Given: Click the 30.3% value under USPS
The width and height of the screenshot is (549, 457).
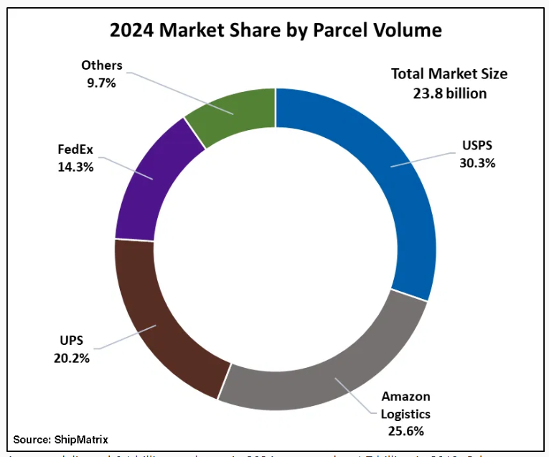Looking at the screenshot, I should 477,162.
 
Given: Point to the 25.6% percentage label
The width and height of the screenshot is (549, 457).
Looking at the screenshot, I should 406,431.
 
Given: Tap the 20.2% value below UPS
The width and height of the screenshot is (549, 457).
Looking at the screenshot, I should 71,358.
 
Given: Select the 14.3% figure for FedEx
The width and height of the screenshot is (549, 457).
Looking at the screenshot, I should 76,167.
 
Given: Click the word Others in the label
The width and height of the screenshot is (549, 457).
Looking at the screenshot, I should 102,65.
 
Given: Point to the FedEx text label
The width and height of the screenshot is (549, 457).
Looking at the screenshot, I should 76,150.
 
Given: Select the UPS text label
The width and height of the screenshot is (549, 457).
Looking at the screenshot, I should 71,341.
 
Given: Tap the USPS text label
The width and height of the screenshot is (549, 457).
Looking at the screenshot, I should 478,146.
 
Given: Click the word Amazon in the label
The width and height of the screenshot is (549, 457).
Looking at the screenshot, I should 406,397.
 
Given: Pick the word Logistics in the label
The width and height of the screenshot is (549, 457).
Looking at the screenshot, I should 406,414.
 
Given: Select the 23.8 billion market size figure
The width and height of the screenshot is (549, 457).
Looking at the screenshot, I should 449,93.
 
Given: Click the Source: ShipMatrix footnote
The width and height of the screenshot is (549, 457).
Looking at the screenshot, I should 60,438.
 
